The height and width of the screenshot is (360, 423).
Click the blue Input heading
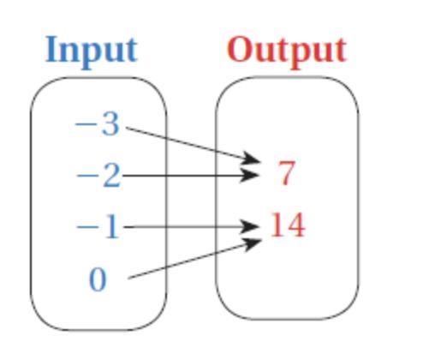[x=92, y=52]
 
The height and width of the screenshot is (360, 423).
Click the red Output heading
[x=287, y=52]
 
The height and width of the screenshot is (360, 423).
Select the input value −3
[x=97, y=124]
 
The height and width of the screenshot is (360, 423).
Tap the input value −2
[x=98, y=176]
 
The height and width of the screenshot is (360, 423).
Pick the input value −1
[x=98, y=227]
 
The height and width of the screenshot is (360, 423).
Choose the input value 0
[x=98, y=279]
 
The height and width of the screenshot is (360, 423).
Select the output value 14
[x=288, y=225]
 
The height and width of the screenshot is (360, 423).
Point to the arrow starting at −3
[x=194, y=145]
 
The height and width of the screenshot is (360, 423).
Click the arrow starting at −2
[x=190, y=175]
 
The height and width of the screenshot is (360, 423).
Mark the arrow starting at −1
[x=191, y=227]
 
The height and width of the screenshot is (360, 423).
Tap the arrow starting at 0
[x=194, y=259]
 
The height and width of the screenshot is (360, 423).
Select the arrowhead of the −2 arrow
[x=249, y=175]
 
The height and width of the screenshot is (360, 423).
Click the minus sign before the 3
[x=86, y=124]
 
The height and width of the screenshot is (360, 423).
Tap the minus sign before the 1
[x=87, y=227]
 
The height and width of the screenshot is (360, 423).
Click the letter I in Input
[x=51, y=50]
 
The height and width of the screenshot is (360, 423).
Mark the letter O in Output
[x=241, y=50]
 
